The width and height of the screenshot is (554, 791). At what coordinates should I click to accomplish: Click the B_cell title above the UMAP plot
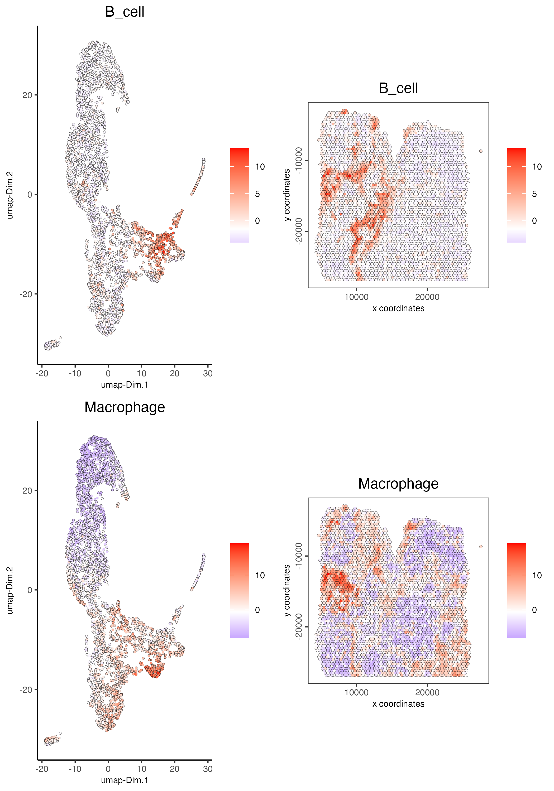[125, 12]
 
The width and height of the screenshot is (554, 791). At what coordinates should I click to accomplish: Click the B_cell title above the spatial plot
[398, 89]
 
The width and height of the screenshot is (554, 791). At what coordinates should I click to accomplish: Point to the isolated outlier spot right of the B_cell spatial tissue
[481, 151]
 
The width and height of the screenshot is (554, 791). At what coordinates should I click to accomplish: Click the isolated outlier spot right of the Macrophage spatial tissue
[481, 546]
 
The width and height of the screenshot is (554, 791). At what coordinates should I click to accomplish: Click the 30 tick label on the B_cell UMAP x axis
[208, 373]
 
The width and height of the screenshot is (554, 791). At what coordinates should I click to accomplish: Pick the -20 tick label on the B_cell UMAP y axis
[26, 294]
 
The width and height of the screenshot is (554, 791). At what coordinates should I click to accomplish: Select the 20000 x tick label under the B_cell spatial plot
[427, 297]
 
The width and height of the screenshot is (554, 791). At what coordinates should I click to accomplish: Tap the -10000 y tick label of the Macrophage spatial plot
[299, 556]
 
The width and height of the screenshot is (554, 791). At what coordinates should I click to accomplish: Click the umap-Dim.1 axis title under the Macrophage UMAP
[125, 780]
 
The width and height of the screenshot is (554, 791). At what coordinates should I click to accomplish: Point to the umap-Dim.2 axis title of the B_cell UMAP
[10, 195]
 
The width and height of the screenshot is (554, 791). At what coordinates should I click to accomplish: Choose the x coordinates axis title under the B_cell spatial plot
[398, 308]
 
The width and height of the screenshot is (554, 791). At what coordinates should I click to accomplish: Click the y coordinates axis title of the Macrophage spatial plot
[287, 591]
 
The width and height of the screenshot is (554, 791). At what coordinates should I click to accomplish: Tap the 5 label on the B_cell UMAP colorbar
[257, 194]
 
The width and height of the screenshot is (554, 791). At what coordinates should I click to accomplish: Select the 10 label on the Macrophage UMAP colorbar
[260, 575]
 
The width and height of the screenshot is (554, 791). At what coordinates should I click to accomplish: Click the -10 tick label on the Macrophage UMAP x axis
[75, 769]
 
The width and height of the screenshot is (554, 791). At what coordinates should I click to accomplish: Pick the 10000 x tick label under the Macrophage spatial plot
[356, 692]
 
